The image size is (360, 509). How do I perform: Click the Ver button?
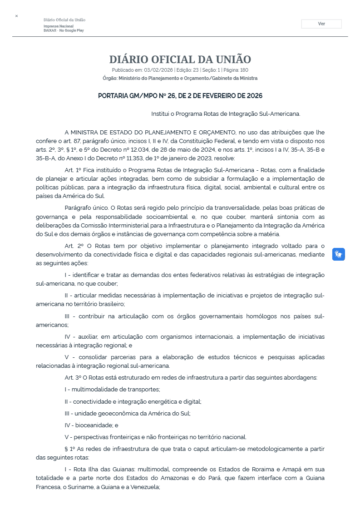[321, 24]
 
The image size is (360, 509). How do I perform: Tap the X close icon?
[16, 16]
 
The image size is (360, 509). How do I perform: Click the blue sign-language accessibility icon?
[338, 254]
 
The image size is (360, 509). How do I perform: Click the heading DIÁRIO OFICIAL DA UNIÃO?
[180, 59]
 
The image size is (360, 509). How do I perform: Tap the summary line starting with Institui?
[226, 114]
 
